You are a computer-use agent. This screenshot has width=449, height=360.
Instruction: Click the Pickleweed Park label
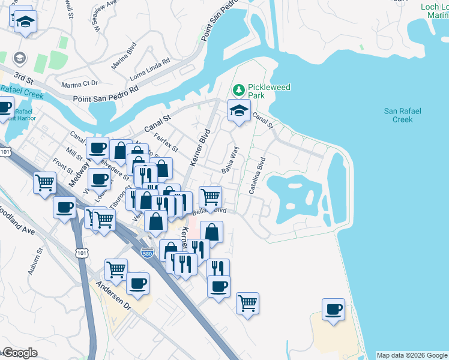pos(269,91)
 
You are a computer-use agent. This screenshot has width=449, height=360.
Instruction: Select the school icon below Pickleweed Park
pos(239,110)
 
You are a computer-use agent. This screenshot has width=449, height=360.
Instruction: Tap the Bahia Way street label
pos(231,159)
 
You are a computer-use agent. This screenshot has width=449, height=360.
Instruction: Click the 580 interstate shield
pos(147,253)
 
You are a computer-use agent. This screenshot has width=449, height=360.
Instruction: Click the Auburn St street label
pos(34,262)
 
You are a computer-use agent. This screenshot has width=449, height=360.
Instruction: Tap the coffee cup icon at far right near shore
pos(333,309)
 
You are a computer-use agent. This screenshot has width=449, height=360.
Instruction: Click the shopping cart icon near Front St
pos(45,182)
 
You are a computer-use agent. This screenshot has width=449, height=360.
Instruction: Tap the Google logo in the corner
pos(20,353)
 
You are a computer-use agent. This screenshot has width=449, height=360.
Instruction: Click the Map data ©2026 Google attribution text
pos(412,355)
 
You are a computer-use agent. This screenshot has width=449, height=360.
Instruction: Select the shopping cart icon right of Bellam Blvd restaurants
pos(210,196)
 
